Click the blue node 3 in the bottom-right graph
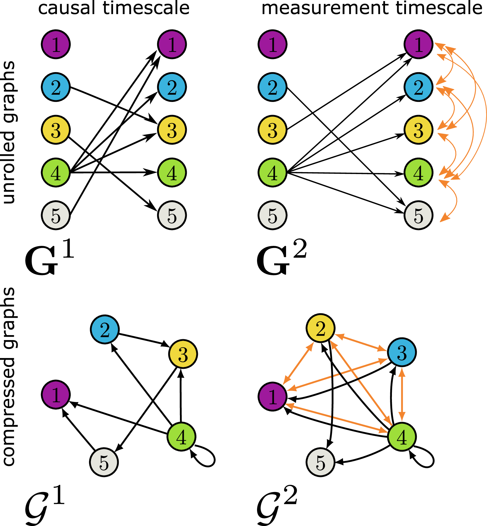point(402,352)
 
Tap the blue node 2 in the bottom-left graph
point(105,329)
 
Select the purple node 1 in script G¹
point(56,394)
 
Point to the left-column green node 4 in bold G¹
point(56,173)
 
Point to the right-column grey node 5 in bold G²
point(418,215)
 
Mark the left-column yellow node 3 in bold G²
point(273,130)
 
